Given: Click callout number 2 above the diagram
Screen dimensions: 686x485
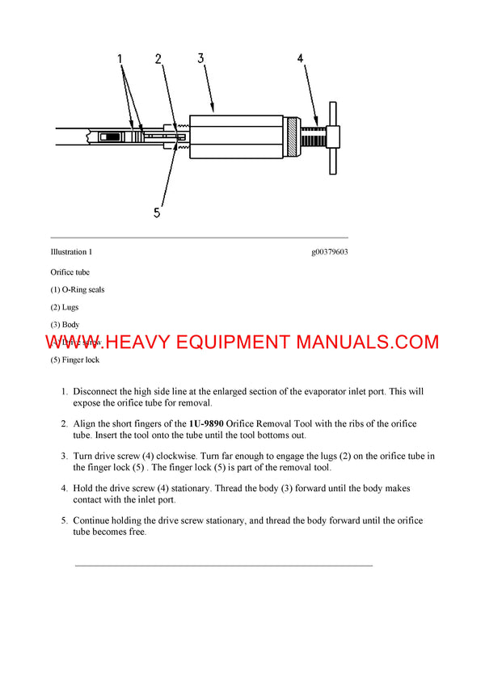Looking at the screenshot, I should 158,59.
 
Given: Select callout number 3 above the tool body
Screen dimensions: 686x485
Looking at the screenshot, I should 201,58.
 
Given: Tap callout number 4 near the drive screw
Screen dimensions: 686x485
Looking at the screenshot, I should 301,59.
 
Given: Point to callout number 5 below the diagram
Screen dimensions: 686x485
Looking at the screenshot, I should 158,213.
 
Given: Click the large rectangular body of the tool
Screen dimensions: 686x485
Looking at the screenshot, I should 238,137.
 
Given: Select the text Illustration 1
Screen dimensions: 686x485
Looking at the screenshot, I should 71,252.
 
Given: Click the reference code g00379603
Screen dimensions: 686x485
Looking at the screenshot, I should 329,252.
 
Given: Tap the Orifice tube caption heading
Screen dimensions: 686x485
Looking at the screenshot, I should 70,272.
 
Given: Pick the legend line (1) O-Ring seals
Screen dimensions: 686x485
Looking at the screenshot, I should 77,289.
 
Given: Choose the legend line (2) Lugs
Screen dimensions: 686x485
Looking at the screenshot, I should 65,307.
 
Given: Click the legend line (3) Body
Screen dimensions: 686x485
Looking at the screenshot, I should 65,325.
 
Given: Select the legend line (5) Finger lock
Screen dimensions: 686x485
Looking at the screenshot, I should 75,360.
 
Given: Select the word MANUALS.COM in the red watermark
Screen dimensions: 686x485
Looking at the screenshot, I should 367,342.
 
